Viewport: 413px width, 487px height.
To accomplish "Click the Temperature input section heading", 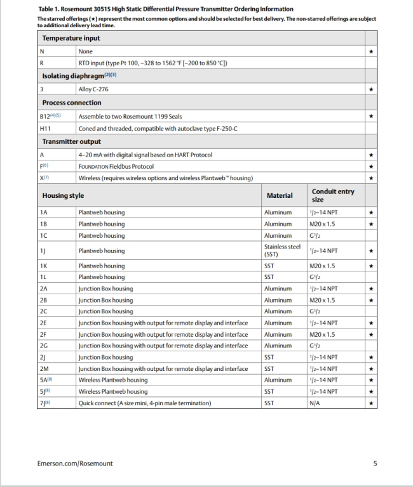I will point(72,38).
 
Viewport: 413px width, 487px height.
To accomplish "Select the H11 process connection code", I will point(46,129).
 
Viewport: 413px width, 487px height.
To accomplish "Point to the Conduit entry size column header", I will point(333,195).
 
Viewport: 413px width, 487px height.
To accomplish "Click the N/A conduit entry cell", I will point(314,403).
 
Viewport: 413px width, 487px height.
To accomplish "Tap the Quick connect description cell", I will point(145,403).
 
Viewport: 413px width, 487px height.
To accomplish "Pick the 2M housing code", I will point(44,368).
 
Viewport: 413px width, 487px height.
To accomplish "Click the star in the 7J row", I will point(370,403).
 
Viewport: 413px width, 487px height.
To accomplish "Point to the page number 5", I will point(376,464).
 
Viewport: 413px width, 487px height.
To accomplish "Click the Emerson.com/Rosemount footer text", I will point(75,464).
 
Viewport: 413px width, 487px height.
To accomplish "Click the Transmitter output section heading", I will point(71,142).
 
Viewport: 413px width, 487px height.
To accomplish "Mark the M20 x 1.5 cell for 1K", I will point(325,266).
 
